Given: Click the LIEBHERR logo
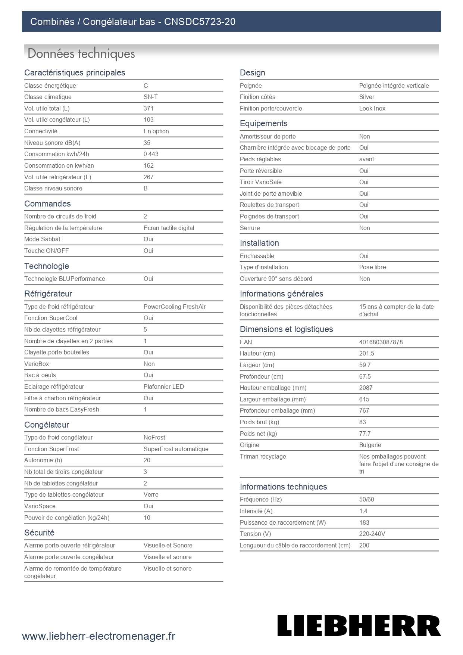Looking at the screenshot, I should point(359,625).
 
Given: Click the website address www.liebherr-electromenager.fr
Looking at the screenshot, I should point(98,636).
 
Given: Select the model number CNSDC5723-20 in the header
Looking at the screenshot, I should point(200,22).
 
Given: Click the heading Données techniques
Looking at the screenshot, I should point(81,54).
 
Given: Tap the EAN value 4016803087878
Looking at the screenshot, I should point(381,342).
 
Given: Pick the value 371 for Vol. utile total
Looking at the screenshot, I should point(148,108).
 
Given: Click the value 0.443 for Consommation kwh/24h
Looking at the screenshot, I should point(151,154).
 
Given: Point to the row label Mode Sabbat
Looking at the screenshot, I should point(42,239).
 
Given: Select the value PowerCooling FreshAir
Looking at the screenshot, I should point(175,307).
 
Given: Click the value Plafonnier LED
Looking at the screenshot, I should point(163,387).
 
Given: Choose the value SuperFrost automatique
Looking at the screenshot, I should point(176,449).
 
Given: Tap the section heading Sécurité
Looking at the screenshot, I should point(39,533).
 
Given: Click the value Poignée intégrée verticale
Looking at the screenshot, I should point(394,86).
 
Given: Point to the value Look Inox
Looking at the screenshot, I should point(372,108).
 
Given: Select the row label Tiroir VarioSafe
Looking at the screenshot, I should point(260,182).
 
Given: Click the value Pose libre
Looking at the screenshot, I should point(372,267).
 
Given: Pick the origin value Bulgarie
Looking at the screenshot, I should point(370,445).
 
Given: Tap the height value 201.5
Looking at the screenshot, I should point(366,353).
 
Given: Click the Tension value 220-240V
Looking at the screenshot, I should point(372,534).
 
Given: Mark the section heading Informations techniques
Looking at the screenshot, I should point(283,487).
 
